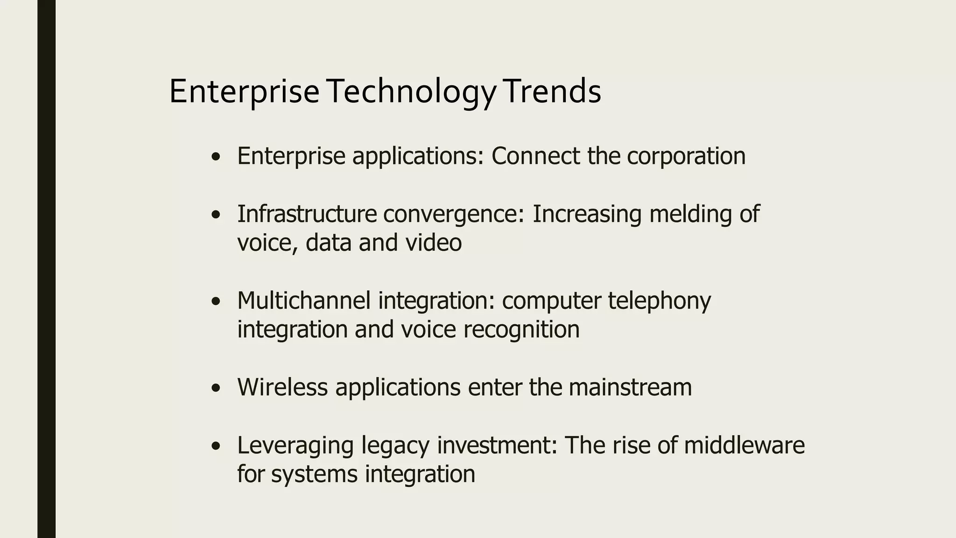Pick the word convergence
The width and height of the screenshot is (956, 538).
click(x=453, y=214)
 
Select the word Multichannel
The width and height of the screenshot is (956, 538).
click(x=304, y=300)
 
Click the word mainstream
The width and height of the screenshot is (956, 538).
click(x=630, y=387)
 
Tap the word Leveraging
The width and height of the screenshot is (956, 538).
click(x=295, y=445)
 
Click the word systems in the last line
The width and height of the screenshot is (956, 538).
click(x=314, y=474)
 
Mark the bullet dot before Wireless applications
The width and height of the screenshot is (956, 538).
click(x=215, y=388)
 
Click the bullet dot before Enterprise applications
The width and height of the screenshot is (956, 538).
click(x=215, y=157)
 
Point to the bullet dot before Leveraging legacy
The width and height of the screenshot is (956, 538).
click(x=215, y=446)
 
